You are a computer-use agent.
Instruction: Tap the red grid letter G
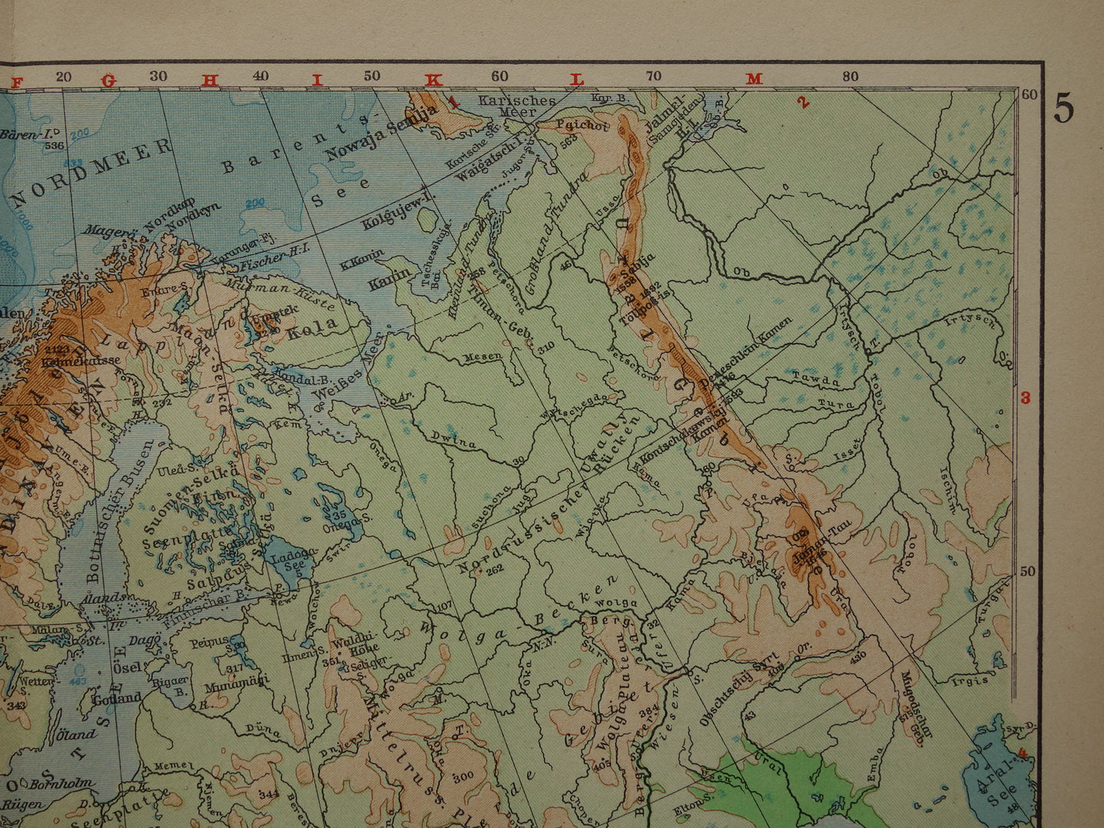click(108, 79)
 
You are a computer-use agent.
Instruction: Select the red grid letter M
click(754, 79)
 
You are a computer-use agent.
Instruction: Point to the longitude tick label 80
click(850, 76)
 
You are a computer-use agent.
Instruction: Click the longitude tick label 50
click(372, 76)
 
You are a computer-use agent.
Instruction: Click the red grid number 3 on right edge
click(1025, 398)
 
